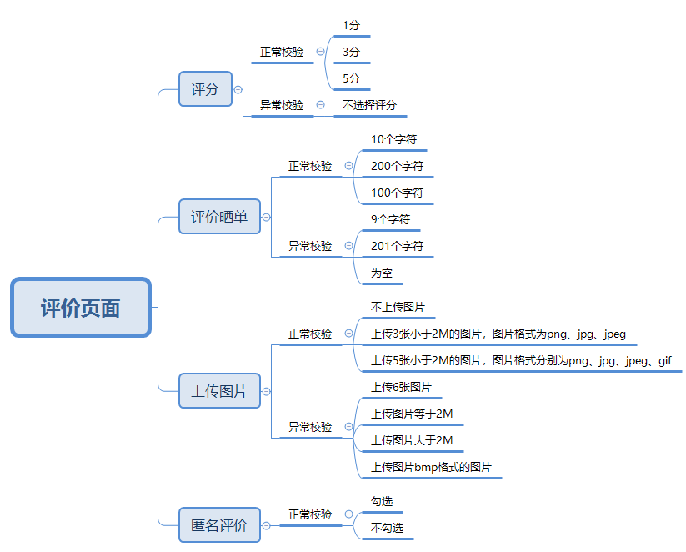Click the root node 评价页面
pos(81,308)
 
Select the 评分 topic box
pos(205,89)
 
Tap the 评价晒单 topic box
pos(219,217)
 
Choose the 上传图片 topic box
pos(219,391)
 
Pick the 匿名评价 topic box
pos(219,525)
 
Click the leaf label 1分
pos(352,26)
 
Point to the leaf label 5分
pos(352,78)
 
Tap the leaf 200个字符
pos(398,166)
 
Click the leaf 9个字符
pos(391,219)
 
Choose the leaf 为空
pos(382,273)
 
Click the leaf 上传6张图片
pos(401,387)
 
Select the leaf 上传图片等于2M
pos(412,414)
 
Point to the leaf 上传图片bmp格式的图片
pos(431,467)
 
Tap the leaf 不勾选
pos(388,528)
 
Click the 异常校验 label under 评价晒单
pos(310,246)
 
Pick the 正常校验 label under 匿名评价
pos(310,514)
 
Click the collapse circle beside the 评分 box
pos(238,89)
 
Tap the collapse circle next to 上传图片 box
pos(267,391)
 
